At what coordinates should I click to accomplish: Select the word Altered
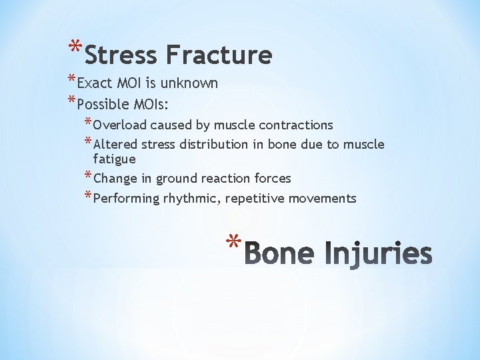pyautogui.click(x=114, y=144)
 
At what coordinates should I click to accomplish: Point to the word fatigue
pyautogui.click(x=114, y=159)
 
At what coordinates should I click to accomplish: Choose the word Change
pyautogui.click(x=114, y=179)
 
